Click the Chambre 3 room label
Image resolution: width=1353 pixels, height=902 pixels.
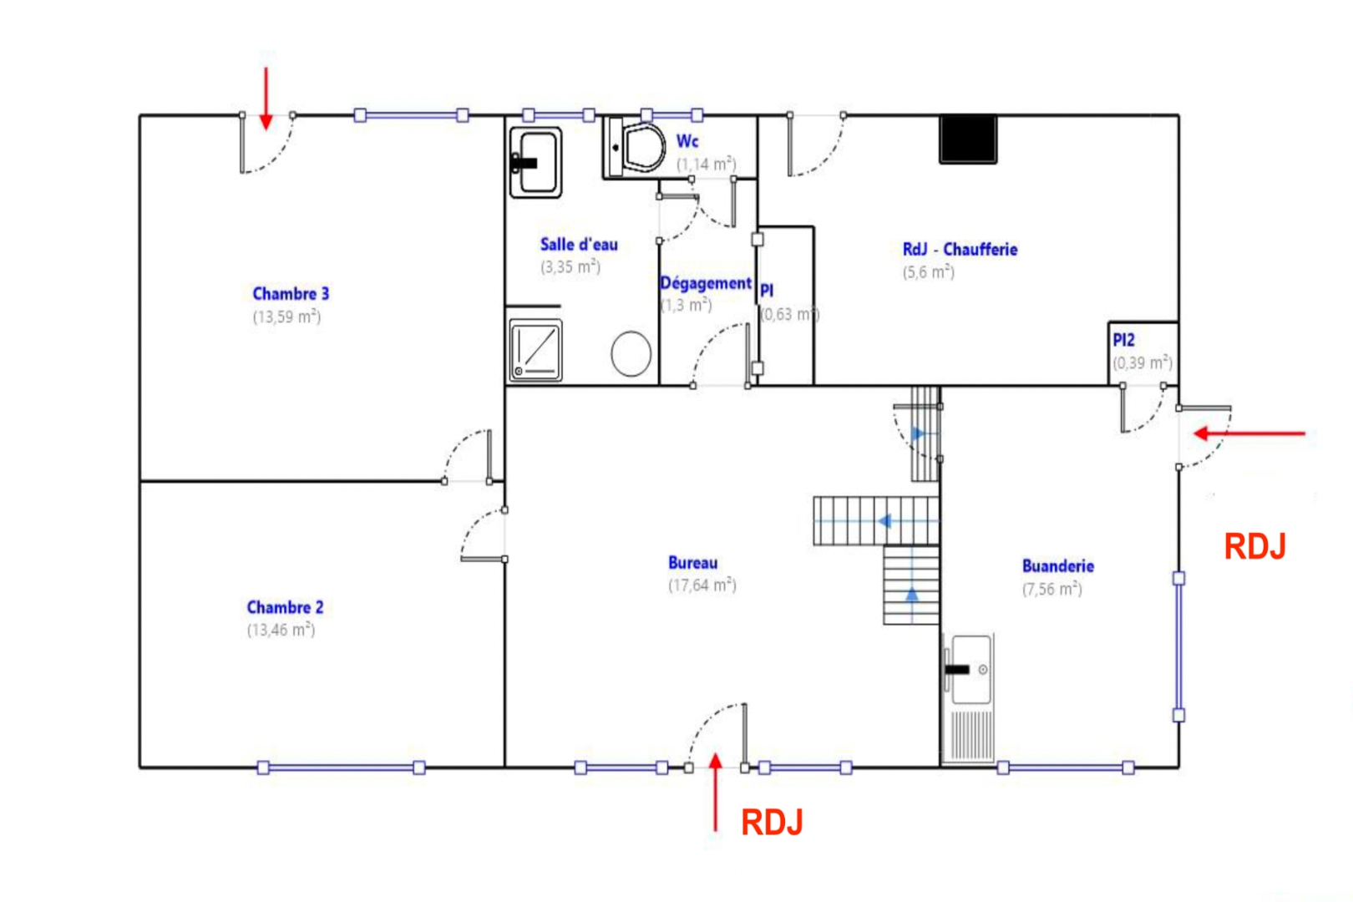pos(291,294)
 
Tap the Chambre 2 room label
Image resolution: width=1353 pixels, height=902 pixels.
pos(285,607)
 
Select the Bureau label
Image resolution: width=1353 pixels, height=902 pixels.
pos(692,563)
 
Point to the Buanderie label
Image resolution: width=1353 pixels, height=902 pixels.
pos(1057,566)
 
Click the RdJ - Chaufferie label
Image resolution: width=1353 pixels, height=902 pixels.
pos(960,250)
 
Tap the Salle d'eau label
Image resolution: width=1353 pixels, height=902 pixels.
pos(579,245)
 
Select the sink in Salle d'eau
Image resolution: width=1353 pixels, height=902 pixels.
pos(535,161)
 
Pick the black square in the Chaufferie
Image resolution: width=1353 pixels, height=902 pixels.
pos(968,138)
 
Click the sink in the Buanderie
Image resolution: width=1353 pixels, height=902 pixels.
pos(970,669)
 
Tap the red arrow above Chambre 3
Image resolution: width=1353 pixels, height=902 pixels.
pos(266,99)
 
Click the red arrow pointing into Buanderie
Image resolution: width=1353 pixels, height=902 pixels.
pos(1249,433)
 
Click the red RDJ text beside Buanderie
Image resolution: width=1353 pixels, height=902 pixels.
pos(1254,547)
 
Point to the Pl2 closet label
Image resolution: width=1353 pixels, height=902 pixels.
pos(1123,340)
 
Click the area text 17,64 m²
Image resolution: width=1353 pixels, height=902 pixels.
pos(702,585)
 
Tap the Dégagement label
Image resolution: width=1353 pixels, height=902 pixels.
pos(705,284)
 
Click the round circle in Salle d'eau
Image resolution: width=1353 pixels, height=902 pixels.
pos(631,353)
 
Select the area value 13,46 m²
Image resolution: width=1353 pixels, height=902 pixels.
pos(281,630)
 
